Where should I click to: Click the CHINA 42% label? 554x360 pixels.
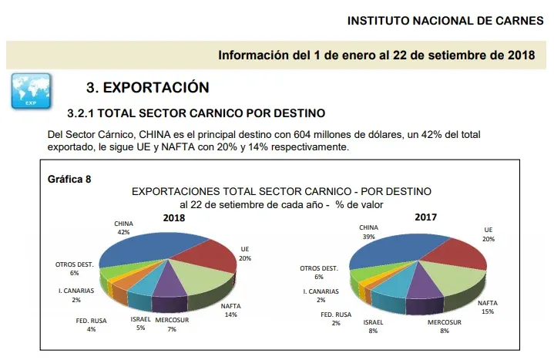point(123,227)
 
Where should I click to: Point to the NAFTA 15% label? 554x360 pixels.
point(487,308)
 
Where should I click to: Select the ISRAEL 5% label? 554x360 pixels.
point(140,322)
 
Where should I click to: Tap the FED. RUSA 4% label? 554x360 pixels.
point(90,324)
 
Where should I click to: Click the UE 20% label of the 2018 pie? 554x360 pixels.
point(245,254)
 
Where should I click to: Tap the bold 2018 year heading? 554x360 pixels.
point(174,218)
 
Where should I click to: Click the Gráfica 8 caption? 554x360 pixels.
point(69,179)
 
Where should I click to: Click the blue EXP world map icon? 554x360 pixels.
point(31,90)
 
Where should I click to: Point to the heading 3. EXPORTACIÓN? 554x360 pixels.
point(147,87)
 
